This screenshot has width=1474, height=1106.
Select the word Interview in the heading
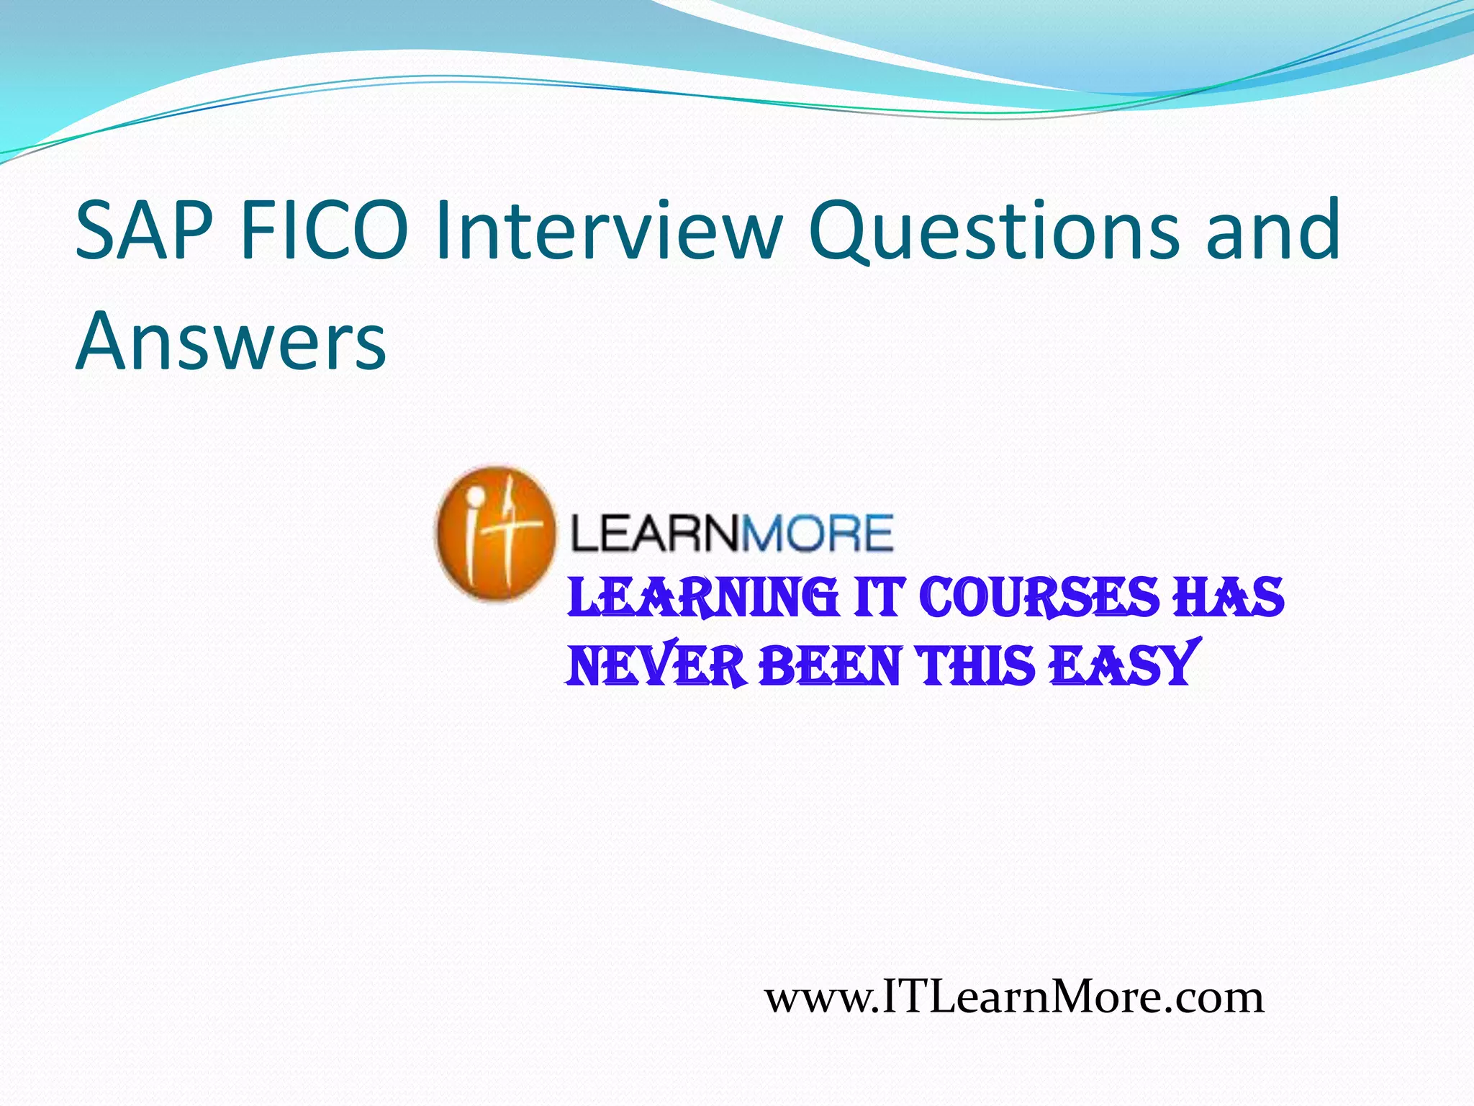pos(608,231)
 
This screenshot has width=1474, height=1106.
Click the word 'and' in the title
pos(1272,231)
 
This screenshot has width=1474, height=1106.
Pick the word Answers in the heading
pos(230,341)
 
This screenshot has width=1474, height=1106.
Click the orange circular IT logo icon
pos(495,533)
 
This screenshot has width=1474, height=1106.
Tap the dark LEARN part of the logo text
pos(656,534)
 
